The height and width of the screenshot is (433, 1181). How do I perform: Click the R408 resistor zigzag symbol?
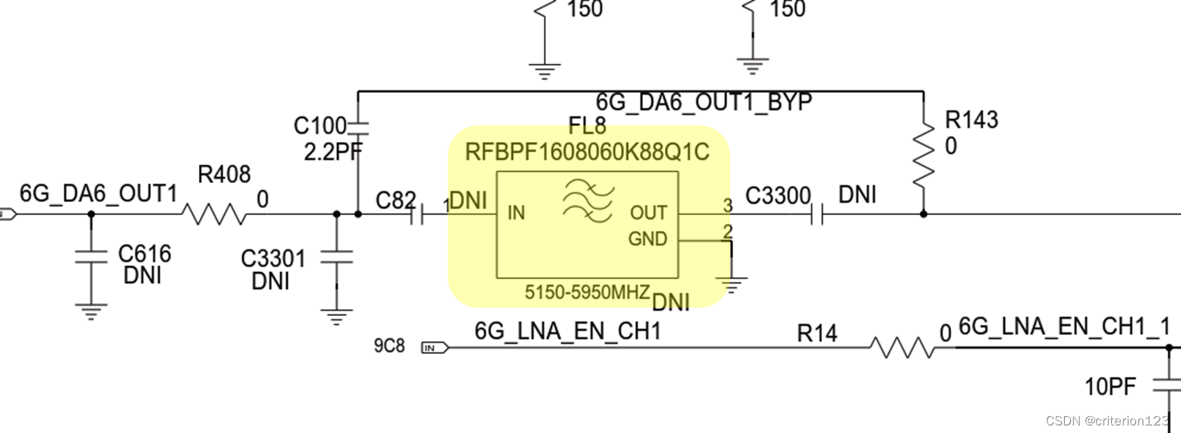tap(215, 214)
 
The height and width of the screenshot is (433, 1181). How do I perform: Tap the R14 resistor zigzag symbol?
tap(902, 348)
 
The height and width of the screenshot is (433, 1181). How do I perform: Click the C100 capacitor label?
tap(320, 126)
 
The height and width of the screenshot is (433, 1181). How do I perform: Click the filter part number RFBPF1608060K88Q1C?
tap(587, 153)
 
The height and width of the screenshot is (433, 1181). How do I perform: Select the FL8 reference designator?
tap(587, 126)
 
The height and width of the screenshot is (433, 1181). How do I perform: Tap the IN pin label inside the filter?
tap(516, 213)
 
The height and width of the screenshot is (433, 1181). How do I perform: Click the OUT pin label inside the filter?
tap(648, 213)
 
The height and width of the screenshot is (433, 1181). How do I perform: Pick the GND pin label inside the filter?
tap(647, 240)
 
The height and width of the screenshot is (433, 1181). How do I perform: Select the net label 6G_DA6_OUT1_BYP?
tap(704, 103)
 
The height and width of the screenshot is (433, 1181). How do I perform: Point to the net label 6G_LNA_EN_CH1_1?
tap(1064, 327)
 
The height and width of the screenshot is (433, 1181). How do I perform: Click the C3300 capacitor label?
tap(778, 196)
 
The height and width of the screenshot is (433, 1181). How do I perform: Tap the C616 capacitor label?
tap(144, 254)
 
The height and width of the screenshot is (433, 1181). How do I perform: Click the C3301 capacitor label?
tap(273, 259)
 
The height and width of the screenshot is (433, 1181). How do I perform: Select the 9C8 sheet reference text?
tap(389, 347)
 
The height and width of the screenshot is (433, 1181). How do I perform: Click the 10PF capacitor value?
tap(1110, 387)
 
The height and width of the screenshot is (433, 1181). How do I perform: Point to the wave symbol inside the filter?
tap(586, 201)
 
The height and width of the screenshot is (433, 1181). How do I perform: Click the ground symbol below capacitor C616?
tap(90, 310)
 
